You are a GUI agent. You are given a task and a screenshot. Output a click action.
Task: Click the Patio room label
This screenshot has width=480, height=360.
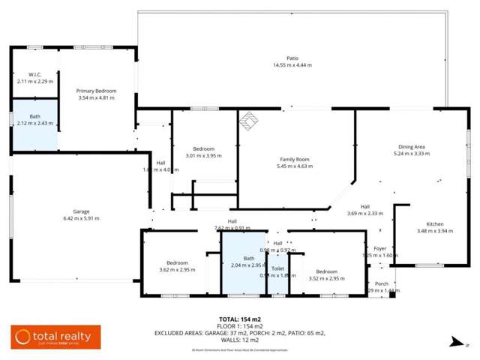coord(292,58)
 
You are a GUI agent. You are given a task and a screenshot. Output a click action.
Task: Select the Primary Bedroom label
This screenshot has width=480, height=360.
coord(96,90)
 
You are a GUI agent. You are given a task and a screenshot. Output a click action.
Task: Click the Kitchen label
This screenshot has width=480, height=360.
coord(435,224)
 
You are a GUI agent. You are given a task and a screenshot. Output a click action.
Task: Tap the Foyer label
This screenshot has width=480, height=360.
coord(379,248)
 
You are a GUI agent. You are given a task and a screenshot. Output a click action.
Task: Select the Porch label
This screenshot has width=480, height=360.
coord(382,283)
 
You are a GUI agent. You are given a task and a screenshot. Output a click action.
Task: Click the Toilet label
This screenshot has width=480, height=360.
coord(277,268)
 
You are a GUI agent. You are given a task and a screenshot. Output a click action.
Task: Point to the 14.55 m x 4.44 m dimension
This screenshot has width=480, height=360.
coord(292,65)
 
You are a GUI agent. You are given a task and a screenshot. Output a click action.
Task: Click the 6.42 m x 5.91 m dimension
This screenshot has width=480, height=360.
coord(81,218)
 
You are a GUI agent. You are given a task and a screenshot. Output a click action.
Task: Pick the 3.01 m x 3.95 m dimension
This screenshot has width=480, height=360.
coord(204,156)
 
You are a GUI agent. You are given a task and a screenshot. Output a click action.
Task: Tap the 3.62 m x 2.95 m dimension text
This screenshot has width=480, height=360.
coord(177,270)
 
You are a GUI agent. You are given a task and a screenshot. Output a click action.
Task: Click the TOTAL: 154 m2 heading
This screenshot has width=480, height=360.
coord(239,319)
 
